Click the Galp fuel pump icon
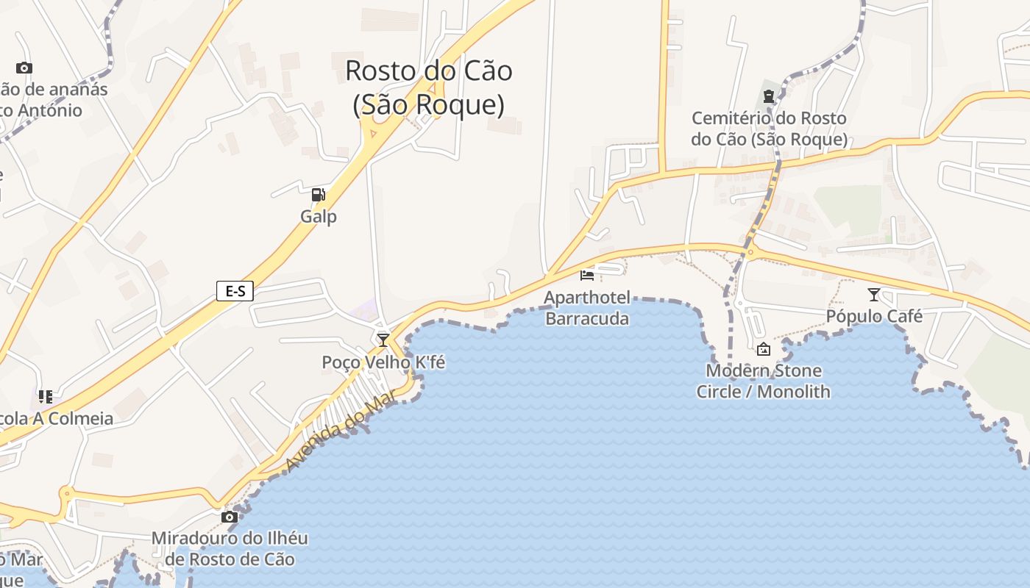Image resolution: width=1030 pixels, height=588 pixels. click(318, 195)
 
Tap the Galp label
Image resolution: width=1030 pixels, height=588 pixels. click(319, 217)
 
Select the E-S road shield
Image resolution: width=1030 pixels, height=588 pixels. click(235, 291)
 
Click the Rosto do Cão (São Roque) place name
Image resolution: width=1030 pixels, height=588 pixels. click(429, 87)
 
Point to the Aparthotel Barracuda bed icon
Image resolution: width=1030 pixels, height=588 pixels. click(587, 276)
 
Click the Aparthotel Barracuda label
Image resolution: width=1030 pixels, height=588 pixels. click(587, 308)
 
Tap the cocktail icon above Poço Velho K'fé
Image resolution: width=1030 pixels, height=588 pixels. click(383, 340)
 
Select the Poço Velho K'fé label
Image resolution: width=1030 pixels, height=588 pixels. click(383, 362)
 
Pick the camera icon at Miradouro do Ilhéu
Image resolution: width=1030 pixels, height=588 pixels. click(230, 517)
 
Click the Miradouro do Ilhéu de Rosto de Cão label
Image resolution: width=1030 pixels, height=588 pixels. click(230, 548)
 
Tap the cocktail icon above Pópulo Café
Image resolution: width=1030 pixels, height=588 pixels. click(874, 295)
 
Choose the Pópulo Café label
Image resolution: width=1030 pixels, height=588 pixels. click(874, 317)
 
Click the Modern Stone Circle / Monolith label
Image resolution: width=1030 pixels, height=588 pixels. click(763, 381)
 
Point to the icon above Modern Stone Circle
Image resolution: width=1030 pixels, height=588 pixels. click(763, 349)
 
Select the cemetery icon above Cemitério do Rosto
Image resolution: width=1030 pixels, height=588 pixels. click(769, 96)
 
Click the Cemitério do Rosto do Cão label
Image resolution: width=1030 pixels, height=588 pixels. click(769, 129)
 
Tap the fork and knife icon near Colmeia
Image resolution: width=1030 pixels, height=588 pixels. click(46, 397)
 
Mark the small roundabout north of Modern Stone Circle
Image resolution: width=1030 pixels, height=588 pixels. click(750, 253)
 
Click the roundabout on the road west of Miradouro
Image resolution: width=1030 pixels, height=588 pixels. click(67, 494)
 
